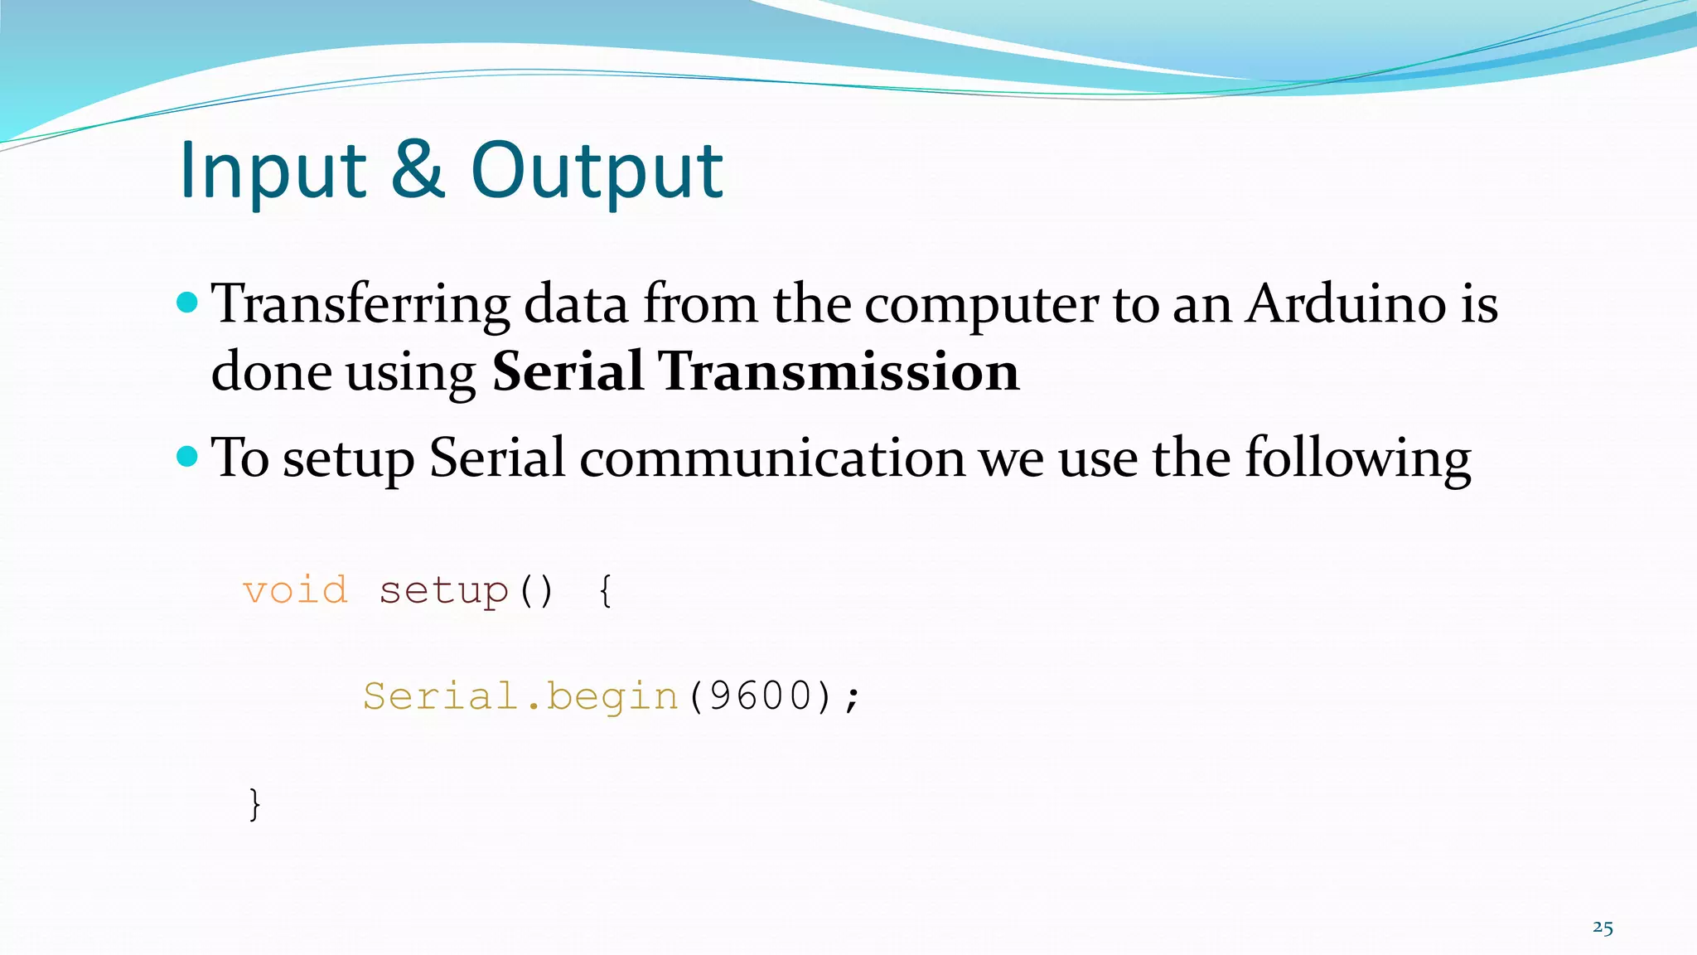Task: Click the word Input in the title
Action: tap(273, 171)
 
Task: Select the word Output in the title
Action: tap(597, 171)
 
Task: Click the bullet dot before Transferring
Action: tap(188, 303)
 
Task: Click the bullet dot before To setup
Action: tap(188, 456)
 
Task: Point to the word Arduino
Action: tap(1346, 303)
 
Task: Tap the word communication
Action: tap(772, 458)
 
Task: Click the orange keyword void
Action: tap(295, 591)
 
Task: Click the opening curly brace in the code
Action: tap(606, 591)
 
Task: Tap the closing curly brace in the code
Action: tap(254, 803)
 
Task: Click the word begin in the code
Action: tap(612, 697)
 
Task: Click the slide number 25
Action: tap(1603, 928)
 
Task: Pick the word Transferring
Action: tap(360, 305)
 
